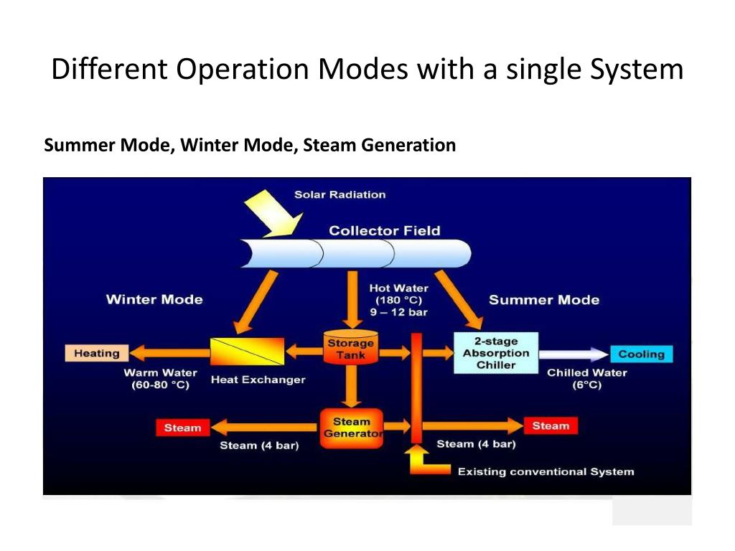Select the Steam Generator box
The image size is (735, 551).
coord(351,428)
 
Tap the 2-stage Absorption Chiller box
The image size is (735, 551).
coord(495,353)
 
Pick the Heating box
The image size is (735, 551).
coord(97,353)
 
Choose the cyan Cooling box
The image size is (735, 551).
coord(641,354)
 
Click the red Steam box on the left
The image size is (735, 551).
coord(182,428)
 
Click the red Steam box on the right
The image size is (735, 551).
coord(551,425)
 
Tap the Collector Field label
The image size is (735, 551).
coord(384,230)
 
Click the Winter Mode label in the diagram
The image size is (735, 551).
coord(154,299)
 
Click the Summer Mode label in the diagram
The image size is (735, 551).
coord(543,299)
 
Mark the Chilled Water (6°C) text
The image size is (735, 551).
coord(586,379)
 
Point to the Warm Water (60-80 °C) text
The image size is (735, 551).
coord(160,379)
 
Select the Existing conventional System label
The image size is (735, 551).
coord(546,471)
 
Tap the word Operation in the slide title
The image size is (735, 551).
coord(243,70)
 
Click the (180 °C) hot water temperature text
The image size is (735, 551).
coord(398,300)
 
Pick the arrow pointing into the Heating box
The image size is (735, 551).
coord(169,353)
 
